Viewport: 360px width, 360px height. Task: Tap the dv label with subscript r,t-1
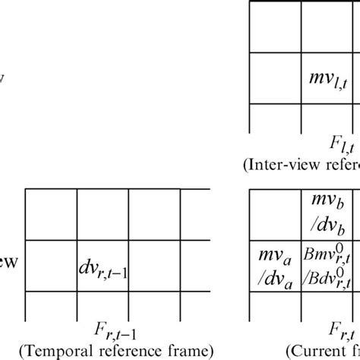103,267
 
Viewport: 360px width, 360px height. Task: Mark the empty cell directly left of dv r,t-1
50,265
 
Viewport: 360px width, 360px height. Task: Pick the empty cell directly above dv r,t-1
103,215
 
